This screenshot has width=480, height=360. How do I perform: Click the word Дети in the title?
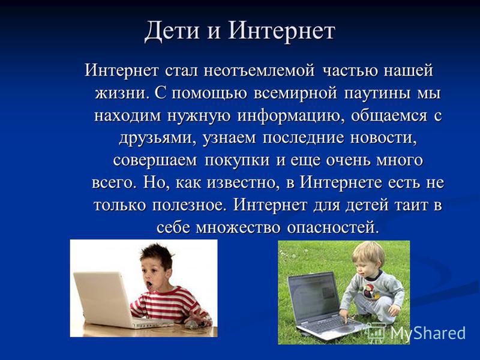(x=172, y=31)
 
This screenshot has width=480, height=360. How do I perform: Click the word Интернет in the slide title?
(x=281, y=30)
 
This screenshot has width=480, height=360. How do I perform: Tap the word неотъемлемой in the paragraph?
(x=259, y=70)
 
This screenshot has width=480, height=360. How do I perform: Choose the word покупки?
(x=237, y=161)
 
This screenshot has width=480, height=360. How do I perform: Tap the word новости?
(x=383, y=138)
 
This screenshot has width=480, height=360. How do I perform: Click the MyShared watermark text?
(x=427, y=333)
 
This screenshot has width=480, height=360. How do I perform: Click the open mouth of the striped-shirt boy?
(x=149, y=284)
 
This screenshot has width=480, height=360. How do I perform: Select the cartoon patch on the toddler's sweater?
(x=369, y=291)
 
